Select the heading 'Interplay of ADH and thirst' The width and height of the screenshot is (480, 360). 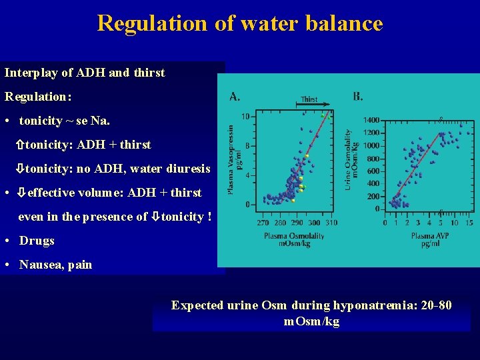click(85, 73)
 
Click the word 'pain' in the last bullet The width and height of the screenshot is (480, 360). click(80, 265)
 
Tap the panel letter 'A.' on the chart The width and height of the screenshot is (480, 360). click(235, 97)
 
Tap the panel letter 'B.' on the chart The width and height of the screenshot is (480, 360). click(358, 97)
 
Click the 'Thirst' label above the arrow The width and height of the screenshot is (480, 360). click(309, 99)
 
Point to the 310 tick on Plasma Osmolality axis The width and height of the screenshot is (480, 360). click(331, 223)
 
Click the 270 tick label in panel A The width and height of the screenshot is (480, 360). click(263, 223)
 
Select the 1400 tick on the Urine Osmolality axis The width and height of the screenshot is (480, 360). click(371, 120)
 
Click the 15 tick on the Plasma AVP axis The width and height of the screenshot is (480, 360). click(469, 223)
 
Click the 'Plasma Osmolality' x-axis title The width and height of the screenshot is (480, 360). click(294, 235)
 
